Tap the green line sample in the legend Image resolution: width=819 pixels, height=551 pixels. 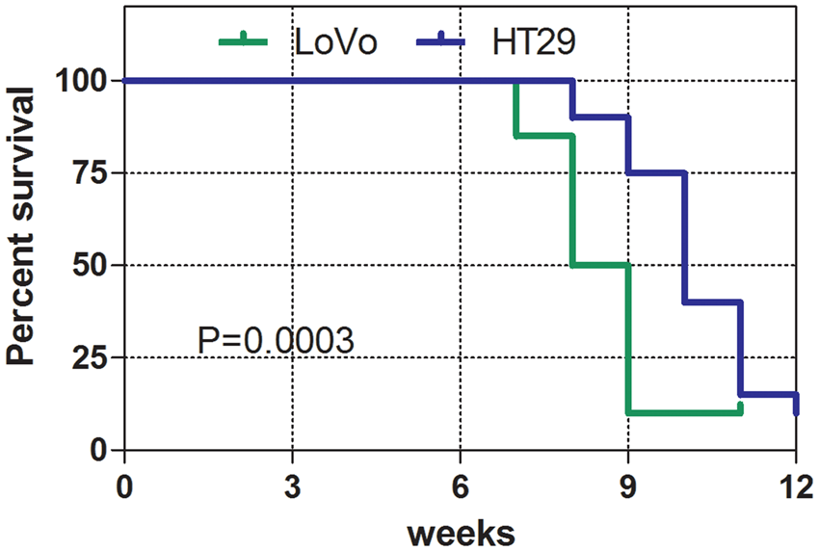(x=247, y=40)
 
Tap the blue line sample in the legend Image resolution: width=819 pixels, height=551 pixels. (x=442, y=40)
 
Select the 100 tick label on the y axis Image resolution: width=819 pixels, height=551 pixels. (x=84, y=81)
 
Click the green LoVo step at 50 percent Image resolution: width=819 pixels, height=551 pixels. (x=600, y=265)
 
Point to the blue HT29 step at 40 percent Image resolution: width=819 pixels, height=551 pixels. (x=712, y=302)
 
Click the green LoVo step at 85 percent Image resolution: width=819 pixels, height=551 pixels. (x=544, y=136)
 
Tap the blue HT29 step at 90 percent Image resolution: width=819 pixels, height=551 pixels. (x=600, y=118)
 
